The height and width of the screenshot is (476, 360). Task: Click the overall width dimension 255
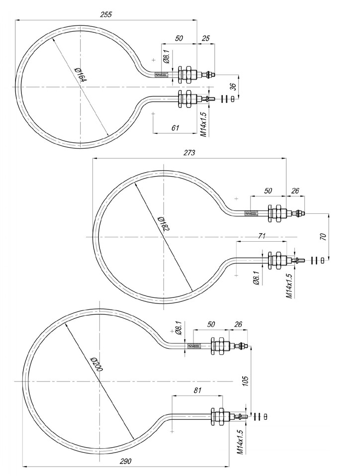106,14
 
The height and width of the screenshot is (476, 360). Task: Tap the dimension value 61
175,128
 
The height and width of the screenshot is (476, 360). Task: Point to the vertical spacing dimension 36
232,86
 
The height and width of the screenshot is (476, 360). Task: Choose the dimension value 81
197,390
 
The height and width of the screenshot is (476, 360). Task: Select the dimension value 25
206,38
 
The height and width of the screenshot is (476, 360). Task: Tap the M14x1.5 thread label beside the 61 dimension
203,123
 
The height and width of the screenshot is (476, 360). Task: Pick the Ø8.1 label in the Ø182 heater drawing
256,278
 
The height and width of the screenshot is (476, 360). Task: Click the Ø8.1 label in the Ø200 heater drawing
178,329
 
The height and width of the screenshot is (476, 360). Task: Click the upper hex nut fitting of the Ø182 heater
275,214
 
